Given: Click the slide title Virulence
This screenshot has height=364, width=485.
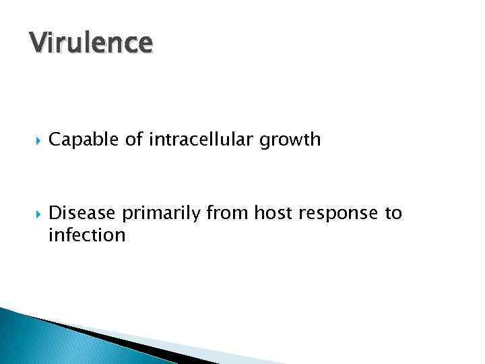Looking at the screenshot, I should (91, 42).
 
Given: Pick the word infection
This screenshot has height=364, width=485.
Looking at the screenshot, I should (87, 235).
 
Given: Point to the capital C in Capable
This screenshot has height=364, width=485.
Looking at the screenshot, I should (55, 140).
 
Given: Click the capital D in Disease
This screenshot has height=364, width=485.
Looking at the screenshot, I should (55, 214).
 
